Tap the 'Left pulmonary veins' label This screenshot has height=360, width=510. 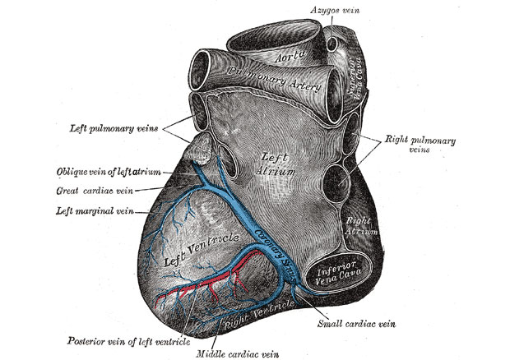(x=114, y=128)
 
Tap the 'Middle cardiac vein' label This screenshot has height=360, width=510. (x=236, y=353)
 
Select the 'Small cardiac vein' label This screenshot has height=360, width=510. (x=357, y=323)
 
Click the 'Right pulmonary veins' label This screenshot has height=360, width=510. (x=410, y=144)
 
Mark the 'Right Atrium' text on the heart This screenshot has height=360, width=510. (x=359, y=225)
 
